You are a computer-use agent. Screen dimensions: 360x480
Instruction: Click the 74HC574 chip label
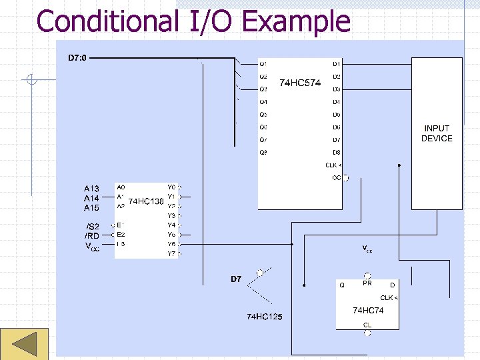(300, 83)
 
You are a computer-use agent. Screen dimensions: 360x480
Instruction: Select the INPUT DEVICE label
(437, 133)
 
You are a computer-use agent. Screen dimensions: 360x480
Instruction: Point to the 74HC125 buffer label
(265, 316)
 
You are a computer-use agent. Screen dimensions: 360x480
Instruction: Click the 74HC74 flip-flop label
(368, 311)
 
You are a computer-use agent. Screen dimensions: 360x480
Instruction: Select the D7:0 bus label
(77, 58)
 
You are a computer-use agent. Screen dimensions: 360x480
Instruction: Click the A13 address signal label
(91, 189)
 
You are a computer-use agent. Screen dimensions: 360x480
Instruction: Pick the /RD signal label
(91, 236)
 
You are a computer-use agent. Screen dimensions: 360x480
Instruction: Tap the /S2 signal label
(92, 227)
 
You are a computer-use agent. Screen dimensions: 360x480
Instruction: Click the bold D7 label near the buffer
(236, 279)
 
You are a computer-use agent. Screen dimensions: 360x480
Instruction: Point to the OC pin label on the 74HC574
(336, 178)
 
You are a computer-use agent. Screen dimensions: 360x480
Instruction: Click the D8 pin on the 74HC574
(337, 153)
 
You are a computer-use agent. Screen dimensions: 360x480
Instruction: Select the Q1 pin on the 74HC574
(263, 64)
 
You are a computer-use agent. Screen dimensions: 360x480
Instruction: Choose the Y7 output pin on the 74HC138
(171, 253)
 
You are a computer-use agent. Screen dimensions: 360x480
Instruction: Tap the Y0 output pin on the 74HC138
(171, 187)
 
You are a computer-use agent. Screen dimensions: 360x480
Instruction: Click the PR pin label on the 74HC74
(367, 283)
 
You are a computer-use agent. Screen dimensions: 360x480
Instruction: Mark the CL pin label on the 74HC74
(367, 325)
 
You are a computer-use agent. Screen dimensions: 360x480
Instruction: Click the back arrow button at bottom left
(25, 345)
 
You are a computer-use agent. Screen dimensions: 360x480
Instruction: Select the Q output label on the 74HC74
(342, 285)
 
